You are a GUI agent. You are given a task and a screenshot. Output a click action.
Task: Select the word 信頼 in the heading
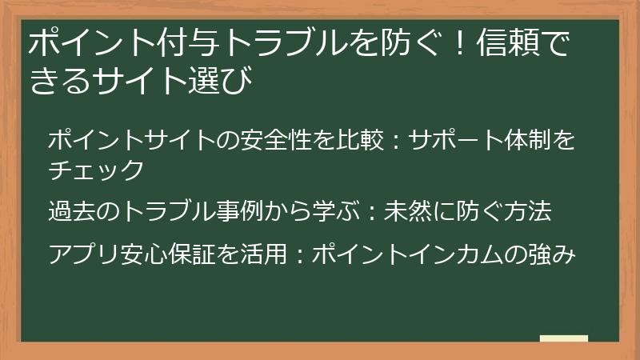[x=510, y=42]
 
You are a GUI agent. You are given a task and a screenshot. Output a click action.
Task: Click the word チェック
[x=96, y=170]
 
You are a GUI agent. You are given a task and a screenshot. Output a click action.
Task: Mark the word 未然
[x=406, y=211]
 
